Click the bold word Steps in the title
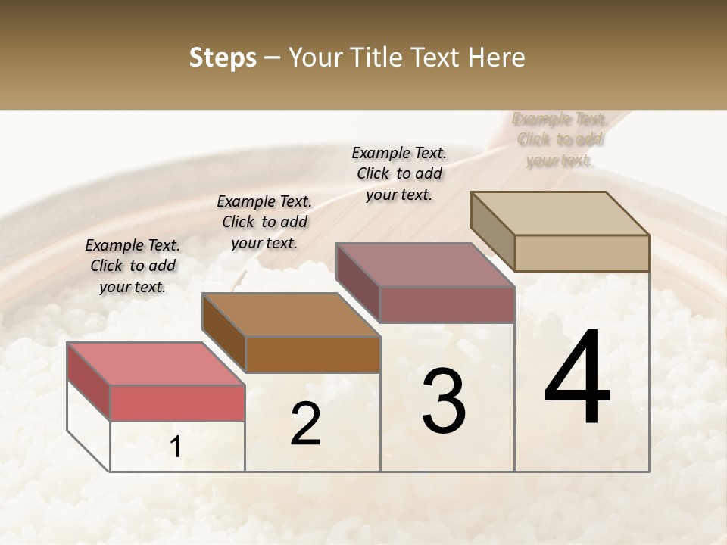[x=223, y=58]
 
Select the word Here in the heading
[x=496, y=58]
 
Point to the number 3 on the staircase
[x=444, y=400]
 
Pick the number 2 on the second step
[x=305, y=424]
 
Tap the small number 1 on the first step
[x=176, y=447]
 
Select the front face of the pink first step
[x=177, y=402]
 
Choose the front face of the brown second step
[x=313, y=354]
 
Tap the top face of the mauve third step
[x=425, y=264]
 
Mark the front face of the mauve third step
[x=447, y=304]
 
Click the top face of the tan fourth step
[x=560, y=213]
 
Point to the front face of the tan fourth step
[x=582, y=253]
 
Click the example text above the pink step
[x=133, y=266]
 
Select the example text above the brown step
[x=264, y=222]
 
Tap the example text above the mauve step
[x=399, y=173]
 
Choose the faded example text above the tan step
[x=560, y=139]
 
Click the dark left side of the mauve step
[x=357, y=282]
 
